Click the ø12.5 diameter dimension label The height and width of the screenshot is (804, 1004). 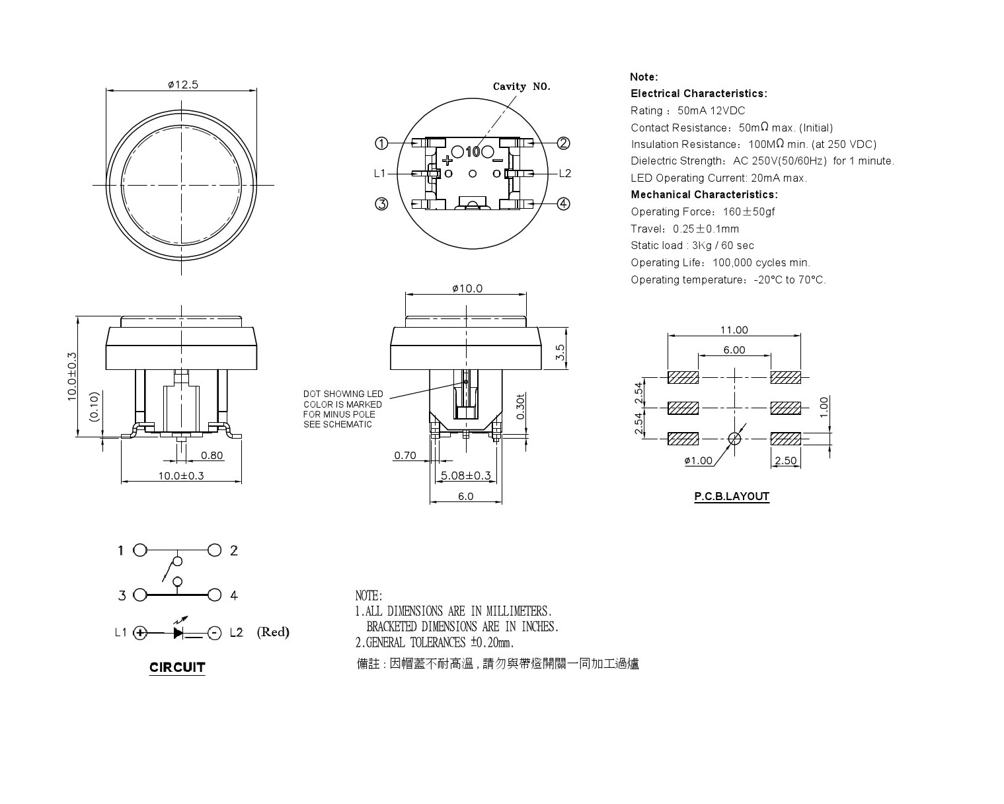183,85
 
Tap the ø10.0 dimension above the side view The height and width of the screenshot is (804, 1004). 467,289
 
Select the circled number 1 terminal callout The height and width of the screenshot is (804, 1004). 381,143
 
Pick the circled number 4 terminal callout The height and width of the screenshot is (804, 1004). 564,203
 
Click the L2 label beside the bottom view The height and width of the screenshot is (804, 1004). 565,174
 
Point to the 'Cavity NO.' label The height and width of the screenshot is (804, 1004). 521,87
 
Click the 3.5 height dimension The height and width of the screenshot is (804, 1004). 560,351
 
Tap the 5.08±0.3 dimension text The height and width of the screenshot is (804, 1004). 465,476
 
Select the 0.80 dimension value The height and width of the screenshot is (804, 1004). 212,455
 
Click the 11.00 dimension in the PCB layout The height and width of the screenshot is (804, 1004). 734,330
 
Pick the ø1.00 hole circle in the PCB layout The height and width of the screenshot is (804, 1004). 734,439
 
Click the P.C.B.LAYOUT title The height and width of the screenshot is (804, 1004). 732,497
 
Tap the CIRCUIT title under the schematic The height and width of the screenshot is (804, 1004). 177,667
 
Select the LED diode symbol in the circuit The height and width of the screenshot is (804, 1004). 178,633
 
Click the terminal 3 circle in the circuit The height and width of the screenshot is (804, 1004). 140,595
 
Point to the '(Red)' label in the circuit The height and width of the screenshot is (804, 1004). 273,632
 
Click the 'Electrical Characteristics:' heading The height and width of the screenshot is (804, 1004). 699,94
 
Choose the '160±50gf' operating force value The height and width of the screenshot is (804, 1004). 749,211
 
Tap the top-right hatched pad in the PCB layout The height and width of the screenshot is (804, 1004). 786,377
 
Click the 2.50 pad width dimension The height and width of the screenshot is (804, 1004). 786,460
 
